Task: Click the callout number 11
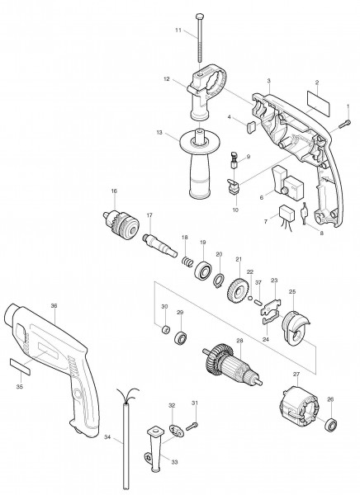coord(178,31)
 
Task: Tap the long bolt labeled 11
coord(201,37)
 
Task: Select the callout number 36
coord(54,305)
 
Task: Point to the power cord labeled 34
coord(126,450)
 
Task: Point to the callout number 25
coord(291,291)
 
